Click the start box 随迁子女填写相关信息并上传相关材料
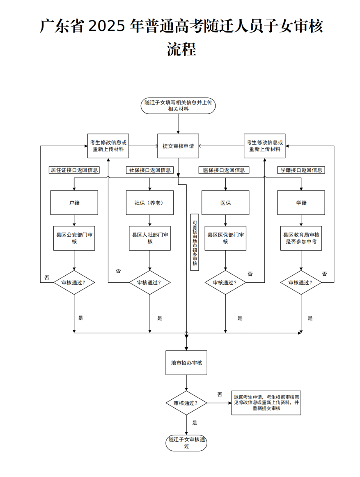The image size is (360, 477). click(178, 106)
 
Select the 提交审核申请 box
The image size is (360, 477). click(178, 146)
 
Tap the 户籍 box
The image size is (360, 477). click(74, 203)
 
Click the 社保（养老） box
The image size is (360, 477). click(150, 203)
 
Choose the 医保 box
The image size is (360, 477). click(225, 203)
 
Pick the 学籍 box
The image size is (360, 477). click(301, 203)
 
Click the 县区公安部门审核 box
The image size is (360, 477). click(74, 238)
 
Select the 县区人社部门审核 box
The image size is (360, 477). click(150, 238)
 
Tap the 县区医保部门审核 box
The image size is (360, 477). click(225, 238)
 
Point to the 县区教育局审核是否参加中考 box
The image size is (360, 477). click(301, 238)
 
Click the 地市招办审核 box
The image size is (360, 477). click(186, 363)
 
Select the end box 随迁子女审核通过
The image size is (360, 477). click(186, 443)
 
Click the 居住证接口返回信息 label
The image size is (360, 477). click(74, 170)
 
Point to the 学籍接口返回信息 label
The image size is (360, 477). click(301, 170)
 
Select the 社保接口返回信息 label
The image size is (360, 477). click(150, 170)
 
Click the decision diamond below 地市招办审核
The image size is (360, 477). click(186, 403)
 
